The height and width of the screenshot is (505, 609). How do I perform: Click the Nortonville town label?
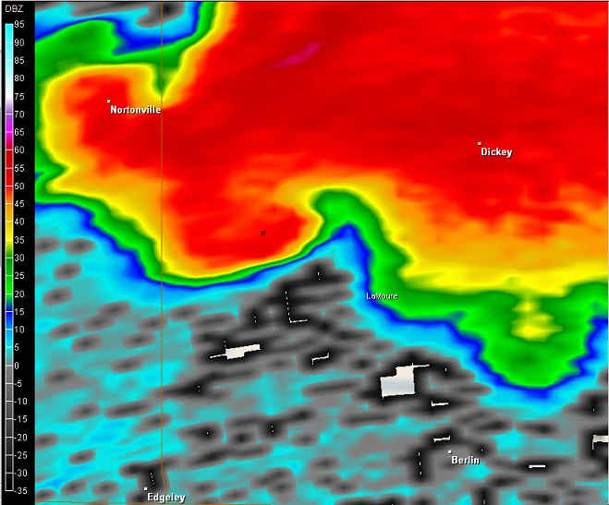tap(135, 110)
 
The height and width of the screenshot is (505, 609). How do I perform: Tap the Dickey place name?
tap(496, 152)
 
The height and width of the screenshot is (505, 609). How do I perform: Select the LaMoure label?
tap(382, 295)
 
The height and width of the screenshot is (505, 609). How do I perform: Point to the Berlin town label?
tap(465, 460)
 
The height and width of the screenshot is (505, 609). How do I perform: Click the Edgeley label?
tap(165, 498)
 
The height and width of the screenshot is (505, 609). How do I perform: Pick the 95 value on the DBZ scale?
tap(18, 25)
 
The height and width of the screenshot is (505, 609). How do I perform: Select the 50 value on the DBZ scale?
tap(18, 186)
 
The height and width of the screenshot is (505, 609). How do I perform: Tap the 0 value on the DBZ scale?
tap(16, 366)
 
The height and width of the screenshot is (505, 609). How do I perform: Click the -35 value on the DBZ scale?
tap(18, 491)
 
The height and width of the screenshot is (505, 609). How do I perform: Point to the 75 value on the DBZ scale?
tap(18, 96)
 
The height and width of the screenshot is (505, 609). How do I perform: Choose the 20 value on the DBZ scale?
tap(18, 294)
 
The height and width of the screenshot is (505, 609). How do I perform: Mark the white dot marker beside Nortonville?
tap(108, 101)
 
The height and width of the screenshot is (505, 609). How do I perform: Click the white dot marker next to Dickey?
tap(479, 143)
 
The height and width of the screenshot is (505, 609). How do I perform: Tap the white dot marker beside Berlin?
tap(450, 451)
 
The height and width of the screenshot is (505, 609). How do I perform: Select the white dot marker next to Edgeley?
tap(146, 488)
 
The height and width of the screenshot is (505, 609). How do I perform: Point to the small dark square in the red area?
tap(262, 234)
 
